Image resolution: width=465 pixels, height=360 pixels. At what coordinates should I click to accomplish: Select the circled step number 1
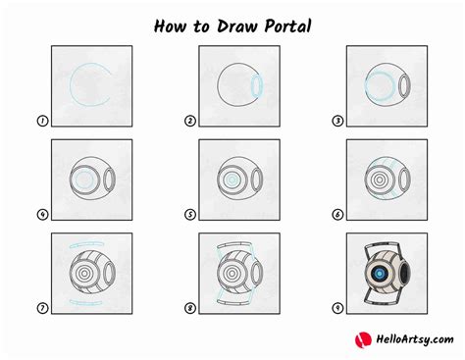(x=42, y=122)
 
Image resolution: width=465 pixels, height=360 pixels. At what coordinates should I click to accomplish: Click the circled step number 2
(x=189, y=122)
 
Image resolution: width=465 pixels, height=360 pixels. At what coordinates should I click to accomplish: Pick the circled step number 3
(x=337, y=122)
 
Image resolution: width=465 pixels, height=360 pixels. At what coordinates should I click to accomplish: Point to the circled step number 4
(x=42, y=216)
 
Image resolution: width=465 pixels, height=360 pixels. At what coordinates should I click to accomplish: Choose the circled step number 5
(x=189, y=216)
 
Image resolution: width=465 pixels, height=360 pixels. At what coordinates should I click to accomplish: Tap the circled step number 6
(x=337, y=216)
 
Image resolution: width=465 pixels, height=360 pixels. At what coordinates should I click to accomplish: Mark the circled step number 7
(x=42, y=309)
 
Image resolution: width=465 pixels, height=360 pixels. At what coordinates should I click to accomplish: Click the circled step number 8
(x=189, y=309)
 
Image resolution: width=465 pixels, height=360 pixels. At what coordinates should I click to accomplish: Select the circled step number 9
(x=337, y=309)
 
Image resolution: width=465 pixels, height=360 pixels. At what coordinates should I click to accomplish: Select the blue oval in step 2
(x=256, y=86)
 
